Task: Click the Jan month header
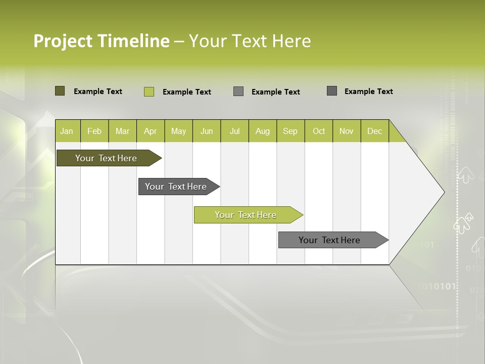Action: pyautogui.click(x=67, y=131)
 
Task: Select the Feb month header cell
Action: pyautogui.click(x=94, y=131)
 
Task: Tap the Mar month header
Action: pyautogui.click(x=122, y=131)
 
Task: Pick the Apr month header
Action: pyautogui.click(x=151, y=131)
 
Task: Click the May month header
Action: pyautogui.click(x=178, y=131)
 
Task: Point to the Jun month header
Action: pyautogui.click(x=207, y=131)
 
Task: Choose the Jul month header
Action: pyautogui.click(x=234, y=131)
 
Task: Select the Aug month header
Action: pyautogui.click(x=263, y=131)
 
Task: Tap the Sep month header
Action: pyautogui.click(x=290, y=131)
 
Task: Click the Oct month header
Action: pyautogui.click(x=319, y=131)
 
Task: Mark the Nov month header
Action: pyautogui.click(x=347, y=131)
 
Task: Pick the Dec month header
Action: pyautogui.click(x=375, y=131)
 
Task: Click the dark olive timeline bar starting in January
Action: pyautogui.click(x=106, y=158)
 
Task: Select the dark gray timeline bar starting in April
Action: pyautogui.click(x=176, y=187)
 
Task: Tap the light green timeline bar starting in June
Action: pyautogui.click(x=246, y=215)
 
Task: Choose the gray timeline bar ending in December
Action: pyautogui.click(x=329, y=240)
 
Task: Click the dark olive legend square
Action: pyautogui.click(x=60, y=91)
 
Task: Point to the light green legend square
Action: pyautogui.click(x=149, y=92)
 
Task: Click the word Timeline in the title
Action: pyautogui.click(x=133, y=41)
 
